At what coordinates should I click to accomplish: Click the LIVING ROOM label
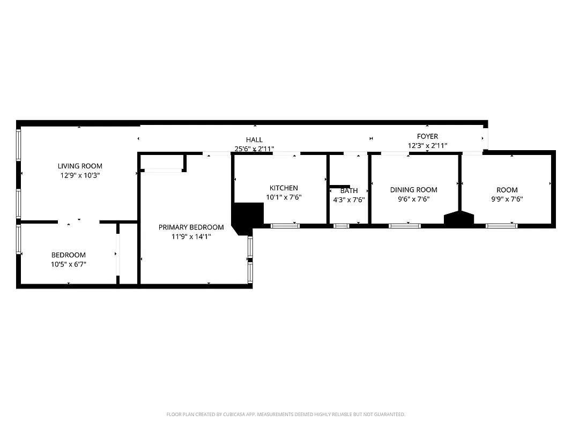pyautogui.click(x=80, y=166)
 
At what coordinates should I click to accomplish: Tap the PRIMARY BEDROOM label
pyautogui.click(x=191, y=227)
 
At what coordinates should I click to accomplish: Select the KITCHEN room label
pyautogui.click(x=284, y=188)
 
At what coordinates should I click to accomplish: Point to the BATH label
pyautogui.click(x=349, y=190)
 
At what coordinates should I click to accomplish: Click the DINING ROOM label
pyautogui.click(x=413, y=190)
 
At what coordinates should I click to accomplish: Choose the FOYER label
pyautogui.click(x=427, y=137)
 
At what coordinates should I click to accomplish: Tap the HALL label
pyautogui.click(x=254, y=140)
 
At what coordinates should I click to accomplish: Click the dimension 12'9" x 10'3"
pyautogui.click(x=80, y=175)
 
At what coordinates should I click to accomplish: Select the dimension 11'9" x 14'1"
pyautogui.click(x=191, y=236)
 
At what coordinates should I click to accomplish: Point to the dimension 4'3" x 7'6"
pyautogui.click(x=349, y=199)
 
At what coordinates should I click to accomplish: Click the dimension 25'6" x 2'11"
pyautogui.click(x=254, y=149)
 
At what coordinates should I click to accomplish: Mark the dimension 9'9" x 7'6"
pyautogui.click(x=507, y=199)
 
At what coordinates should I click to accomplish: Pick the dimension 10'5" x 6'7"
pyautogui.click(x=68, y=264)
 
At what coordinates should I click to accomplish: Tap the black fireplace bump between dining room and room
pyautogui.click(x=459, y=218)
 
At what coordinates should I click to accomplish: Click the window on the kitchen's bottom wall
pyautogui.click(x=285, y=226)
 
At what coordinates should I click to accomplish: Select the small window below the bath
pyautogui.click(x=341, y=226)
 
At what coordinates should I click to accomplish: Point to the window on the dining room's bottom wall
pyautogui.click(x=404, y=226)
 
